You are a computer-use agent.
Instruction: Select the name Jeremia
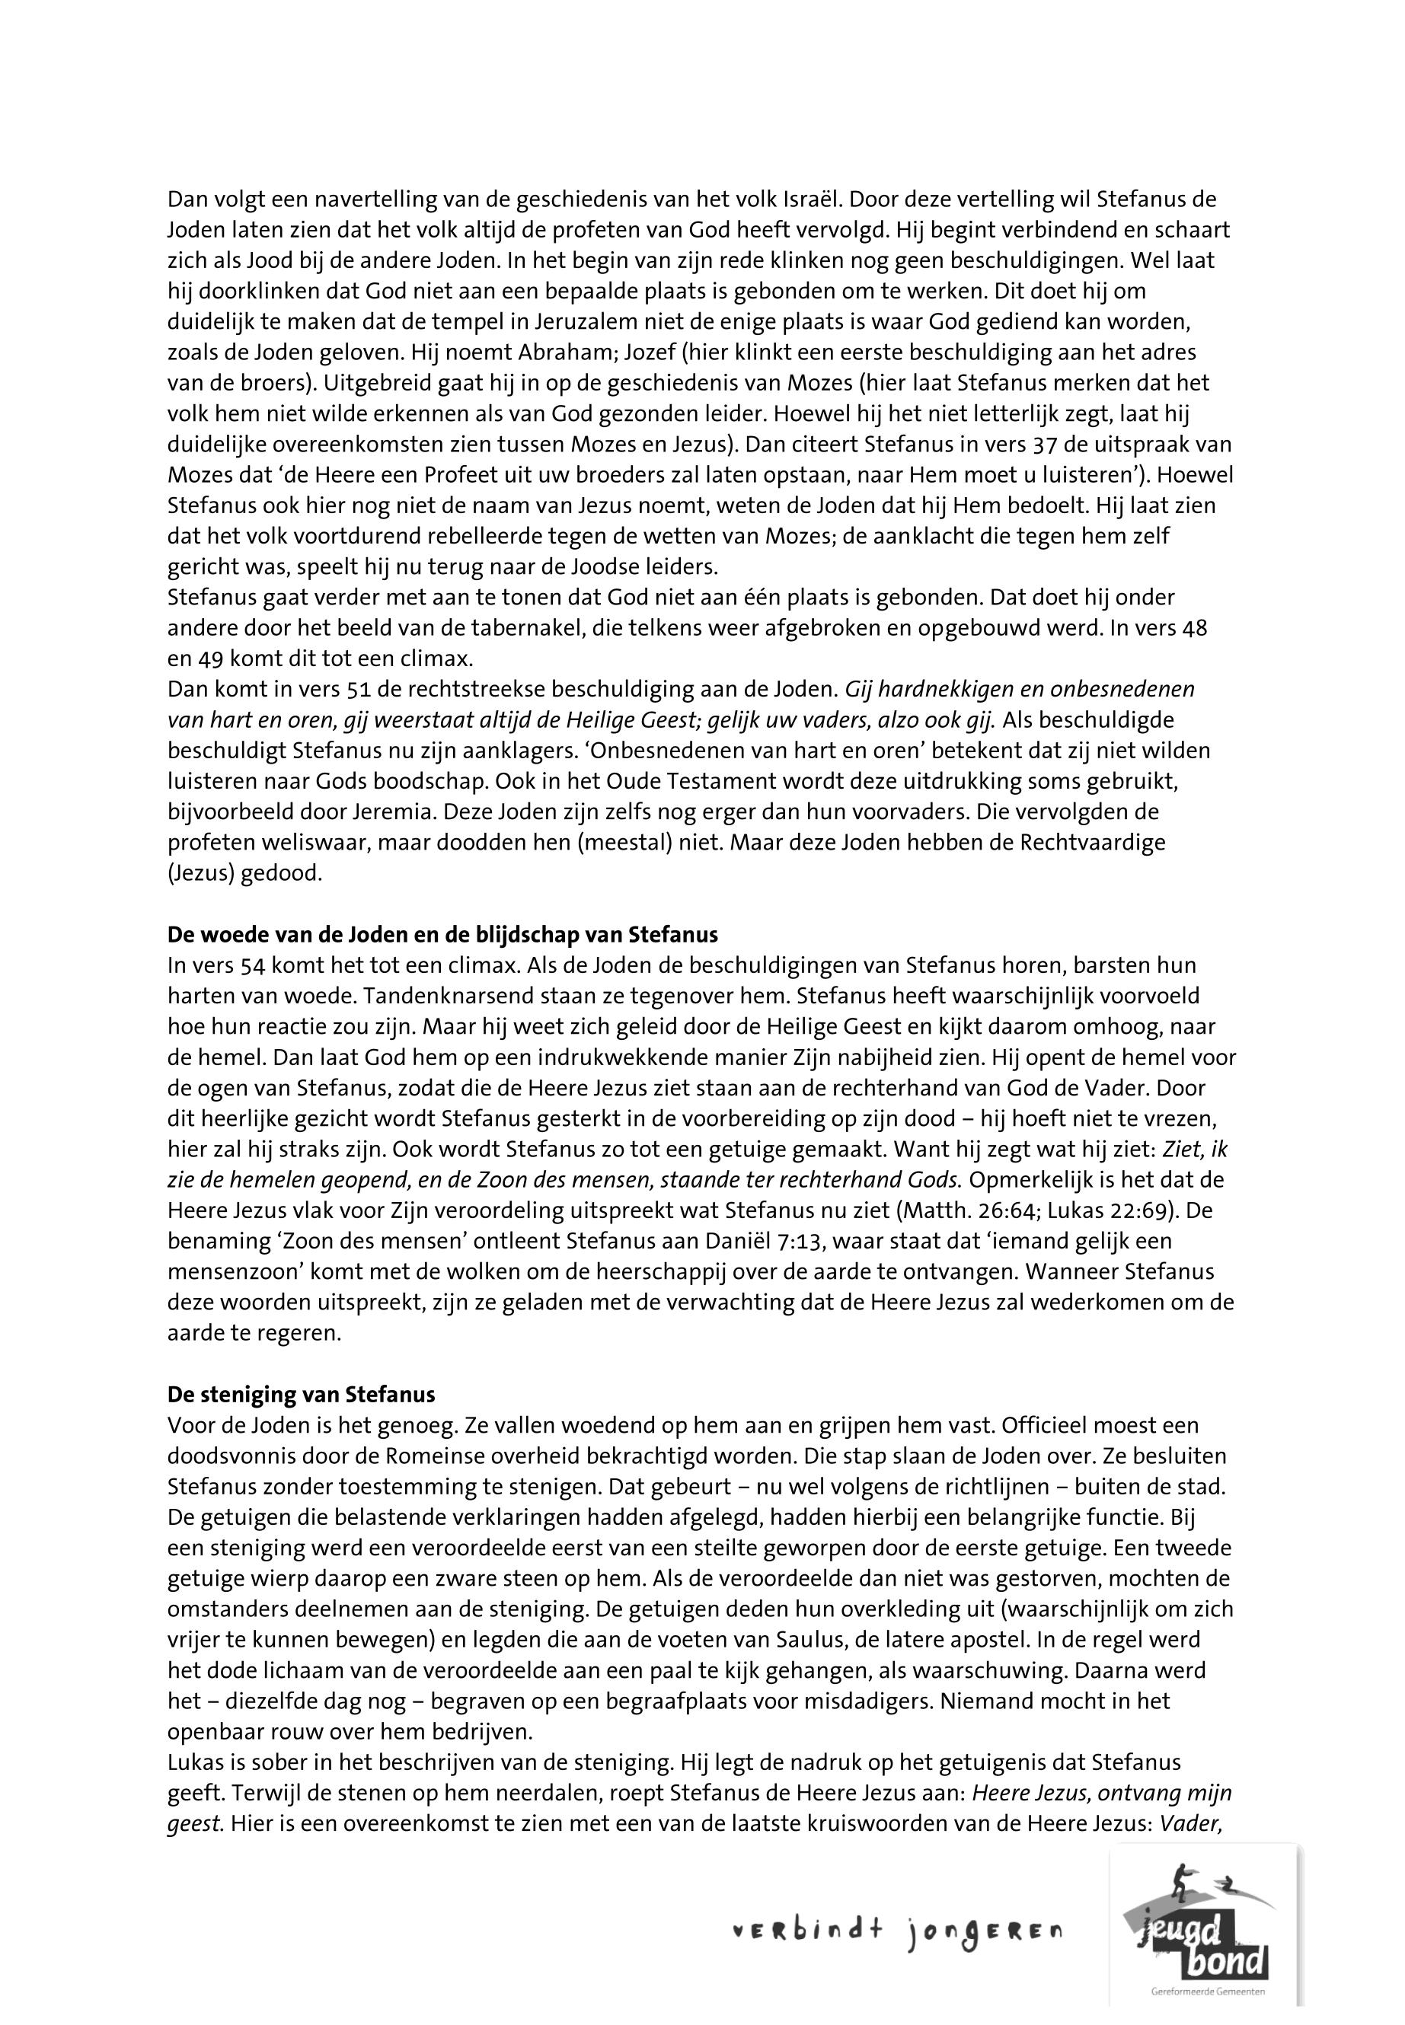(x=433, y=812)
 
